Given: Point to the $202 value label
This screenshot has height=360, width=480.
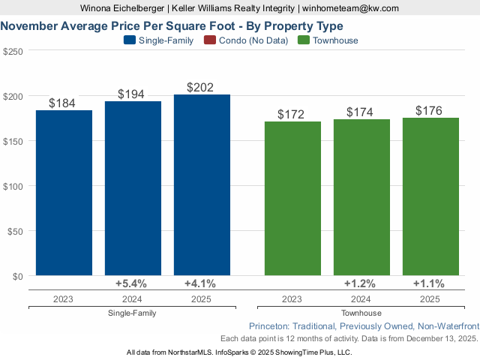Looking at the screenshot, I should [x=200, y=88].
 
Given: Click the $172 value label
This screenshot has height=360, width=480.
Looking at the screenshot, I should [x=291, y=115].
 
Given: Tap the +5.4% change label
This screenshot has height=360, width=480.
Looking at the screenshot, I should [x=130, y=283].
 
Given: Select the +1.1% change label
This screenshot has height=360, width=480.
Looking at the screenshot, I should [x=428, y=283].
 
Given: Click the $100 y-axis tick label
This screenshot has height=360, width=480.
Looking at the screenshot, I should [x=13, y=186].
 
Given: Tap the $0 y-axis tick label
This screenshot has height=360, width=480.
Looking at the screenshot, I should [x=16, y=276].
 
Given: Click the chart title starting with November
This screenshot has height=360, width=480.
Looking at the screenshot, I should [x=172, y=25].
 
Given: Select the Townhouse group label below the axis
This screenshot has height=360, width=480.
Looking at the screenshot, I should [x=361, y=313].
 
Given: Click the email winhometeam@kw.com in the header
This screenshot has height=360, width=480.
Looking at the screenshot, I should [x=350, y=8].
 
